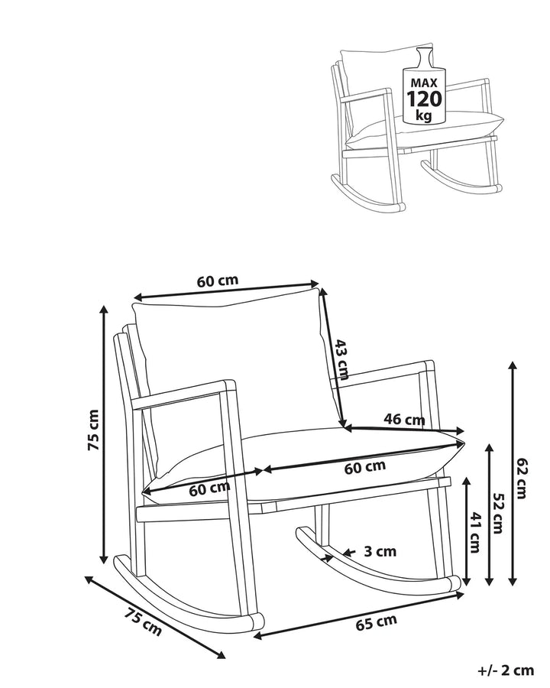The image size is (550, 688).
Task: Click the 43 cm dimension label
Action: coord(340,359)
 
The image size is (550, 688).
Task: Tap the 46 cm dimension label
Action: coord(404,420)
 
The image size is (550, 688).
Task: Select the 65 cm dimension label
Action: coord(377,621)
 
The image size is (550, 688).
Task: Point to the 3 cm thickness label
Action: coord(380,551)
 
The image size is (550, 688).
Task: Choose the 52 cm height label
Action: coord(498,514)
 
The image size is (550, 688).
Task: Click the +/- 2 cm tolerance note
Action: coord(506,670)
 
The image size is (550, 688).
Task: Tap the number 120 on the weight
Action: coord(424,99)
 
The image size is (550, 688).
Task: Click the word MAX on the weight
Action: coord(424,83)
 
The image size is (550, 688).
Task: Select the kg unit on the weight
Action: coord(424,116)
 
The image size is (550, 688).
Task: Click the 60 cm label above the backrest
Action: coord(218,281)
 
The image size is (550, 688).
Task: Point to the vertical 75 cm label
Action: coord(93,430)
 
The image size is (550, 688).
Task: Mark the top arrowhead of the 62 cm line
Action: coord(512,366)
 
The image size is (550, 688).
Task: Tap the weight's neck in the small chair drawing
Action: coord(425,57)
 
